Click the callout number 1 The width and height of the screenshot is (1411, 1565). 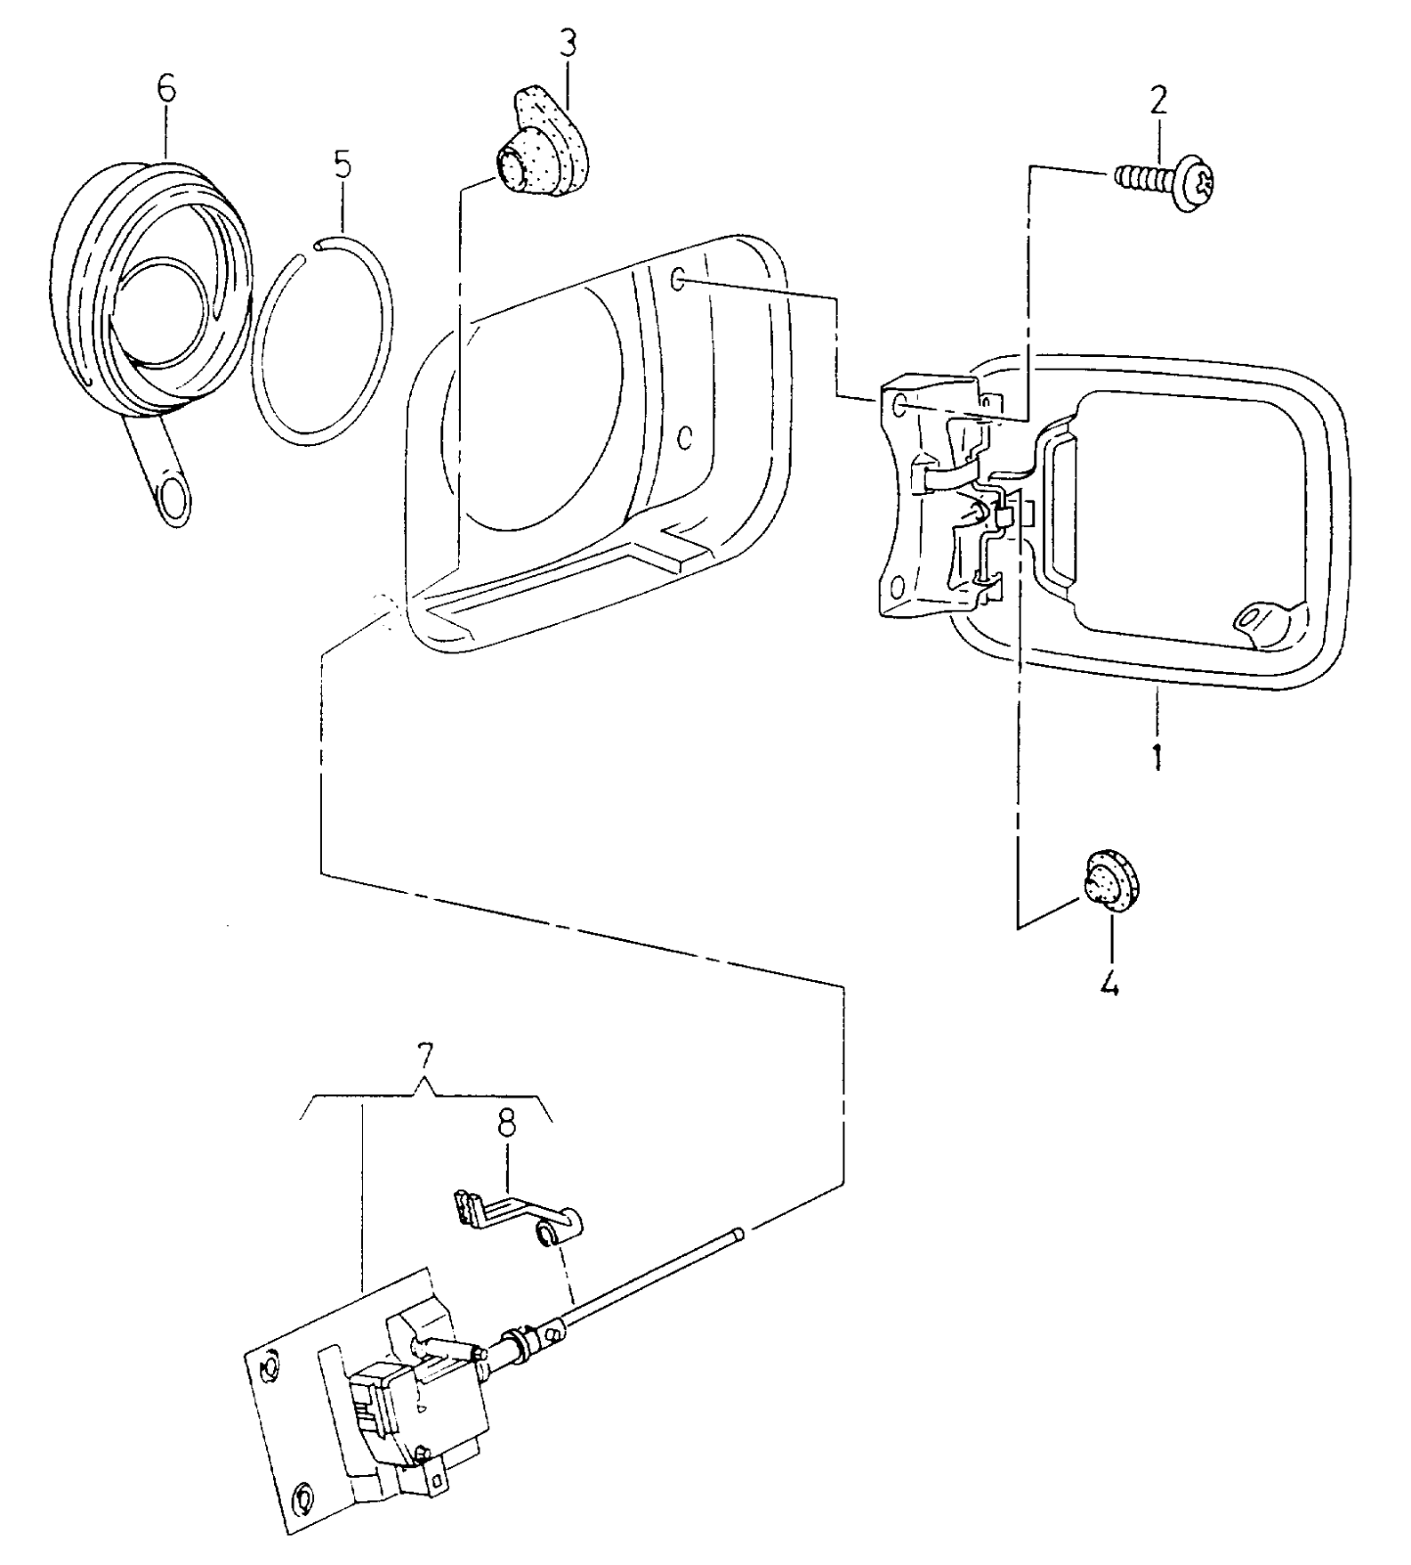click(x=1156, y=755)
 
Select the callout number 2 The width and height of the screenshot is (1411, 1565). click(x=1158, y=100)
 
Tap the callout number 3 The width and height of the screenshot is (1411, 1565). click(x=568, y=44)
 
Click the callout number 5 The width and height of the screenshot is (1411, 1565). click(x=341, y=165)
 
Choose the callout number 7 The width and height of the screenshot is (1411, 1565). click(x=424, y=1056)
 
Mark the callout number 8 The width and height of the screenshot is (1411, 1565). click(x=506, y=1125)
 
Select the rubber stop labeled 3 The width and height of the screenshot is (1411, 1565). click(x=545, y=150)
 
